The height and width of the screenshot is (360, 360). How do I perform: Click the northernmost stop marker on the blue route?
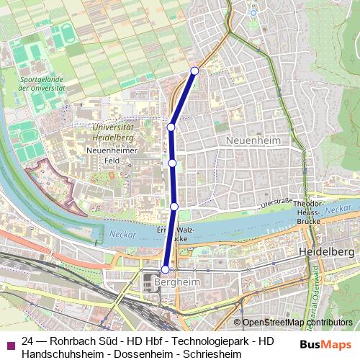pyautogui.click(x=194, y=71)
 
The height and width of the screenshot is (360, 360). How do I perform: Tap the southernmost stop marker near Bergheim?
pyautogui.click(x=165, y=269)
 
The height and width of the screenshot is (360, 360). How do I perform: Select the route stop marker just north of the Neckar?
pyautogui.click(x=174, y=207)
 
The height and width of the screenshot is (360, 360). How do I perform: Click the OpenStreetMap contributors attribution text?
pyautogui.click(x=297, y=323)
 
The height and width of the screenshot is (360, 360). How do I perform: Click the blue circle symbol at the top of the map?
pyautogui.click(x=253, y=12)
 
